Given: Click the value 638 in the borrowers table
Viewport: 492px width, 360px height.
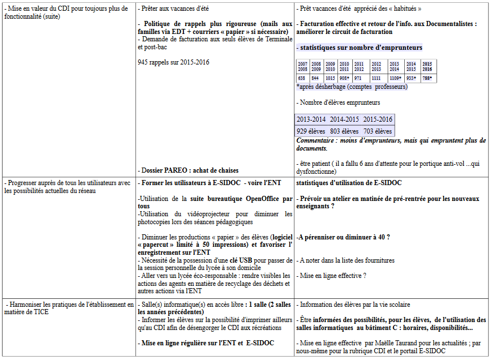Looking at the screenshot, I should (302, 78).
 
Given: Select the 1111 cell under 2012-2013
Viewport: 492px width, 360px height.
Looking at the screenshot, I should (376, 78).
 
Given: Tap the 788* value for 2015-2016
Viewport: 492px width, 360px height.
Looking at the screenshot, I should (427, 78).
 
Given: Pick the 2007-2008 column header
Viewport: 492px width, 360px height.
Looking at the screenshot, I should (302, 66).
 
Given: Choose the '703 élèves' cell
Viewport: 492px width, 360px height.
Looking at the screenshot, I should (378, 131).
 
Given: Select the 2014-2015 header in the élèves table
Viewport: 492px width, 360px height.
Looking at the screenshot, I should (345, 119).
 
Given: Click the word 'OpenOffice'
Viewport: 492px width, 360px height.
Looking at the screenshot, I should (264, 199).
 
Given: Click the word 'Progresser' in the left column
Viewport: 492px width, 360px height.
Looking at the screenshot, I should (22, 183).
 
